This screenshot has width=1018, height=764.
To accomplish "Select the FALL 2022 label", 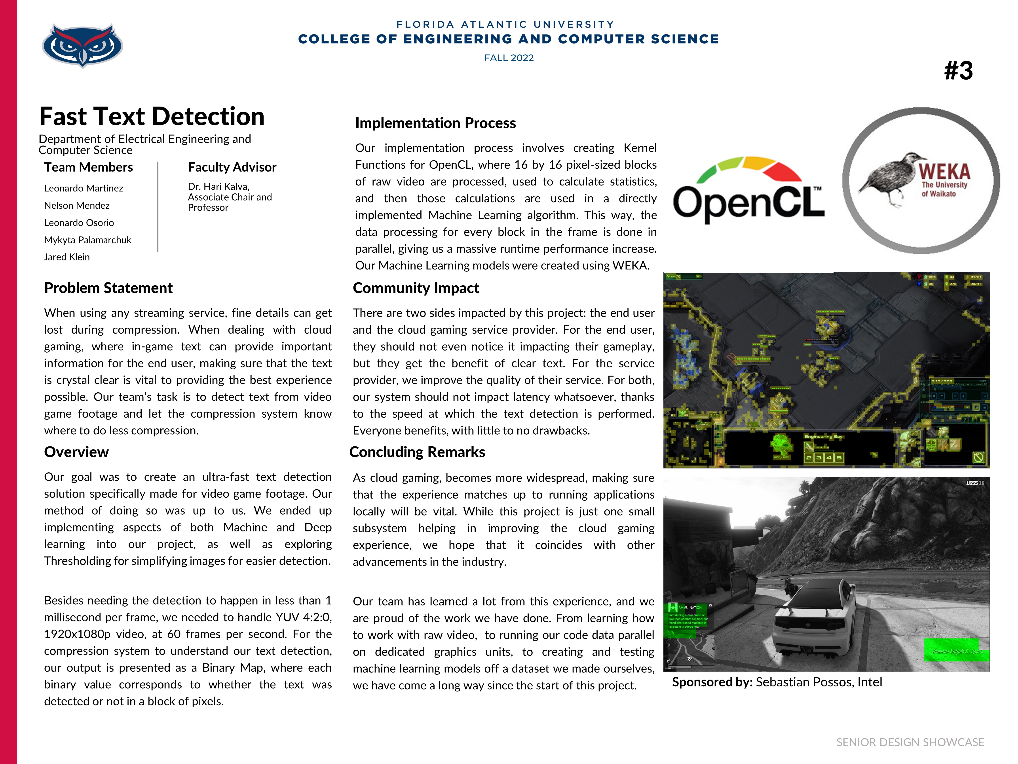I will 509,58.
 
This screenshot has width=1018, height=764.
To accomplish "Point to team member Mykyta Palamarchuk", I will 87,240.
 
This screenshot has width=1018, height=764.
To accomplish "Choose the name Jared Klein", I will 67,257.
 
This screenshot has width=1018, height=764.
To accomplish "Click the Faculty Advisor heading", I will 232,167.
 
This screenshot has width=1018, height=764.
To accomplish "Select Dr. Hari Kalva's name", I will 219,187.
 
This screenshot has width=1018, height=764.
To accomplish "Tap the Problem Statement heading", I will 108,288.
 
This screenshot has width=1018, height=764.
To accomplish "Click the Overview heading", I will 76,452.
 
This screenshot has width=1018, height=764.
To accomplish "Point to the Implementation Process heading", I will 435,123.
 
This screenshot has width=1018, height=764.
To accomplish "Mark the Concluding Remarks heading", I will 417,452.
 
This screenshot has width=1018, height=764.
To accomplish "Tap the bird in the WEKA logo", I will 888,177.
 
